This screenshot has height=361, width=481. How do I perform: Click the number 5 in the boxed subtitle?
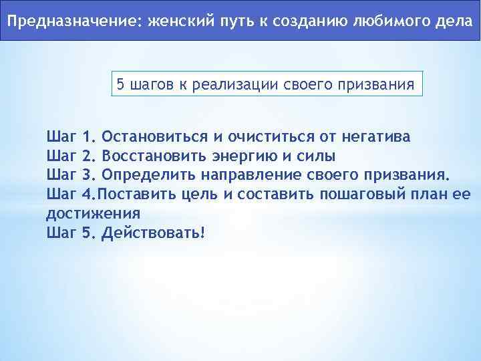click(x=121, y=85)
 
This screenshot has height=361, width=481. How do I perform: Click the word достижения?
click(x=93, y=214)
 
